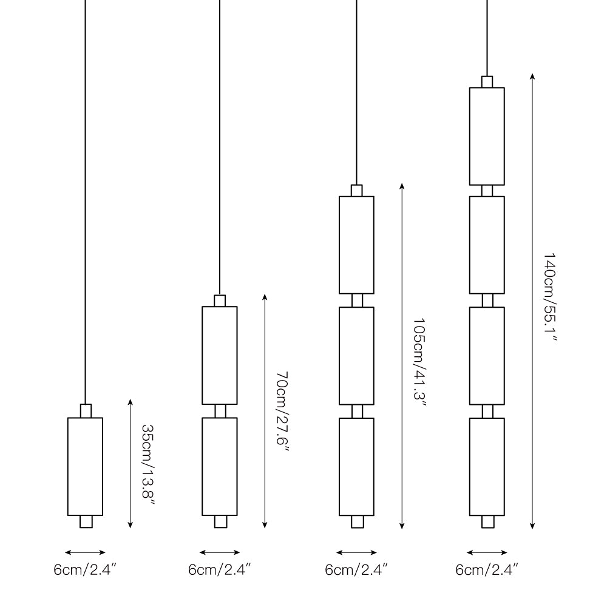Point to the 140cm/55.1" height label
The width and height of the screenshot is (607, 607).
click(550, 297)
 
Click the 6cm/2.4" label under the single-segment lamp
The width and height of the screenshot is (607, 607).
click(85, 571)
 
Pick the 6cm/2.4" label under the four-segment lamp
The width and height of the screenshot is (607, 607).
click(487, 571)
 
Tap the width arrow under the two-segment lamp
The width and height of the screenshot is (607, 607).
click(220, 552)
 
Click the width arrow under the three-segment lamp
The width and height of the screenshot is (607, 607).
click(356, 552)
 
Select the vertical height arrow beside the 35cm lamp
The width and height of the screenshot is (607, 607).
click(131, 463)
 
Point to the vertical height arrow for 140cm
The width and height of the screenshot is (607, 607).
click(532, 300)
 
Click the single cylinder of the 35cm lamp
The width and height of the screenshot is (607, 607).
click(85, 466)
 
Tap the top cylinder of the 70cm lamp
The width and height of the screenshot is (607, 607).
click(220, 355)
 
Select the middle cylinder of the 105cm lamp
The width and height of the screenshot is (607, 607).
click(356, 356)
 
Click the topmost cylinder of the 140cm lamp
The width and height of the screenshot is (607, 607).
click(487, 136)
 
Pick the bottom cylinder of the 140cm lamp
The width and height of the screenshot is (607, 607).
click(487, 466)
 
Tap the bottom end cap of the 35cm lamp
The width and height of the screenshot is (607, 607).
click(86, 522)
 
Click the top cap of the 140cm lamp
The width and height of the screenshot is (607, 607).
click(487, 82)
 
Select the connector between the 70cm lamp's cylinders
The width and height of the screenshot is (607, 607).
click(220, 411)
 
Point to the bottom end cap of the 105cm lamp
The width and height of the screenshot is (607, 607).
click(357, 522)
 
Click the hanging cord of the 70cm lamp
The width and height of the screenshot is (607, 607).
click(220, 152)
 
